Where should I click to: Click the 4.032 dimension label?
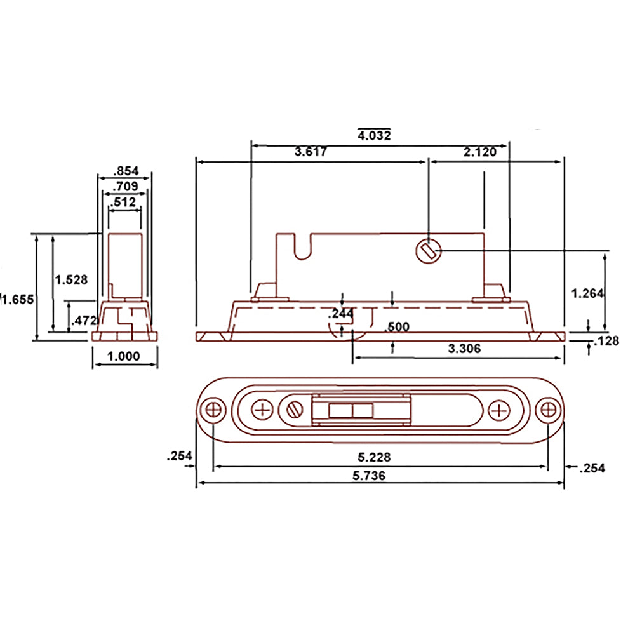pos(374,135)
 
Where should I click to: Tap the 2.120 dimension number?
pos(479,152)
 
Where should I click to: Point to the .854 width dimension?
pos(126,171)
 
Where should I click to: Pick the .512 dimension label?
pos(124,203)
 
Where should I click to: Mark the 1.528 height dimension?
pos(71,279)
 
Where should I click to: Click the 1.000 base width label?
pos(124,356)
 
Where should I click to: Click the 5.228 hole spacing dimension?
pos(373,457)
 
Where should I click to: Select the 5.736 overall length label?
pos(373,475)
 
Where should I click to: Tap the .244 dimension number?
pos(342,314)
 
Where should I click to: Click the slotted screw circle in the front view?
pos(429,251)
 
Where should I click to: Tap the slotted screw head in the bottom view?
pos(294,410)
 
